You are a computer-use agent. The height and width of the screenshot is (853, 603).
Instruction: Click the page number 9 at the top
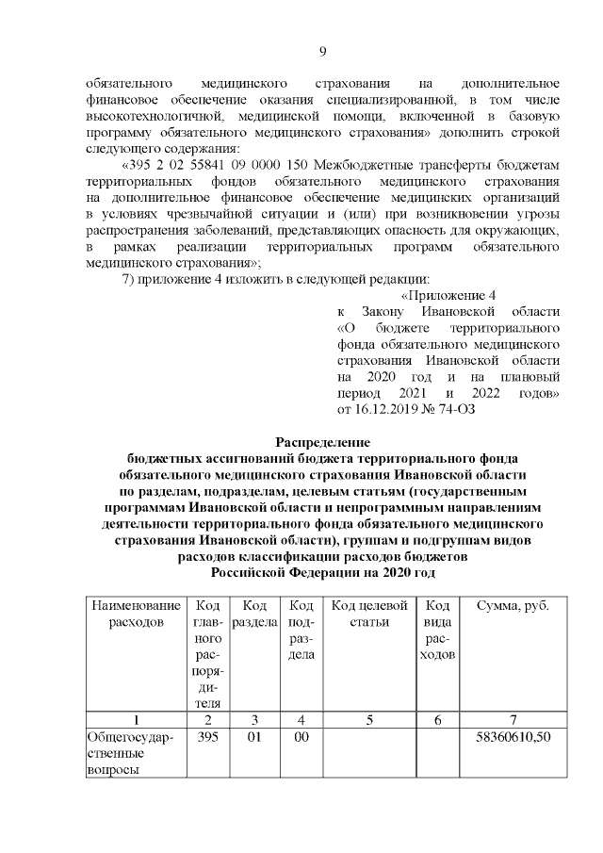322,52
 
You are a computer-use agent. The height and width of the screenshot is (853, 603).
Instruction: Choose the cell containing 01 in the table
253,737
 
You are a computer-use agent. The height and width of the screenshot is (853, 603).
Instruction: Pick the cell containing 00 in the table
301,737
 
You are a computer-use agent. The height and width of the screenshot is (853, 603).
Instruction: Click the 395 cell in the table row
207,737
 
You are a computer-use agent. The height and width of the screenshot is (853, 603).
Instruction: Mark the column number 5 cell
369,720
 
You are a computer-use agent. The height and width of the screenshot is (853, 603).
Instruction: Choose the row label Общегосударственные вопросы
128,753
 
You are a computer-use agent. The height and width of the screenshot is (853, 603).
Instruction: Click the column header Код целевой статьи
369,614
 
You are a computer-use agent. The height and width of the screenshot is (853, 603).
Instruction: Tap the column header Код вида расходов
438,630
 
